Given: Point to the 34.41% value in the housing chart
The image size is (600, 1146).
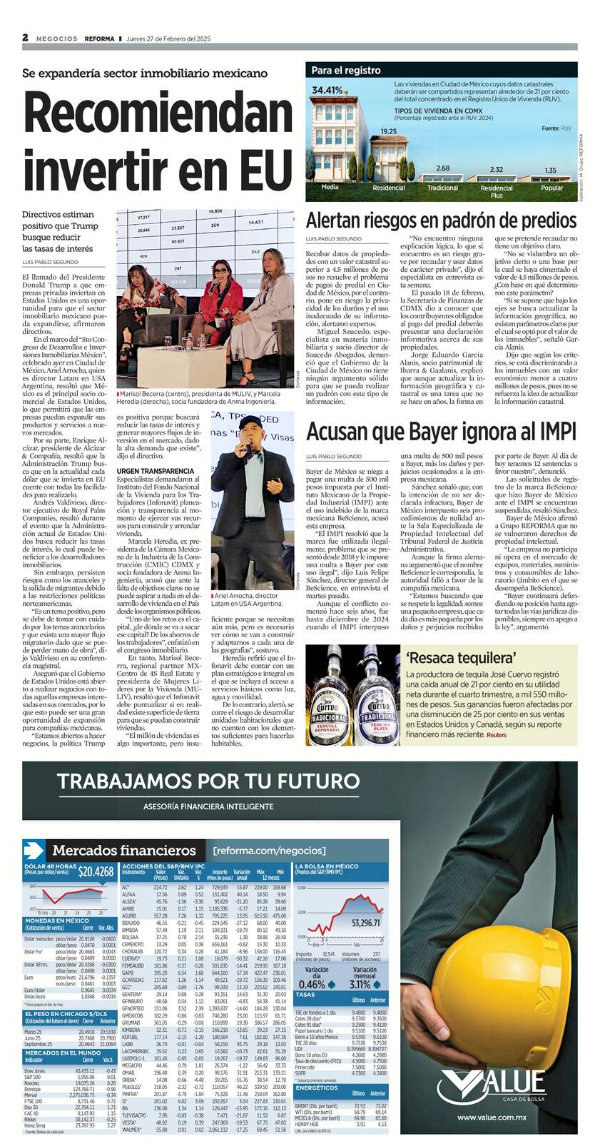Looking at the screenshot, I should tap(327, 90).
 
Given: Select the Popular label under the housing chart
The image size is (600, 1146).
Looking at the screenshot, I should tap(551, 188).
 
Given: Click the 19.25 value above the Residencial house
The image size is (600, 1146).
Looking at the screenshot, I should tap(388, 131).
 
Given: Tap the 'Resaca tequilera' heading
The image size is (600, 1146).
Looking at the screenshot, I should tap(452, 658).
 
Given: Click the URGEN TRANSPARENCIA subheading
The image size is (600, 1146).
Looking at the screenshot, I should tap(156, 472).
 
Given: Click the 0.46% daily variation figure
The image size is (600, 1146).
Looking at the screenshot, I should tap(317, 984).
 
